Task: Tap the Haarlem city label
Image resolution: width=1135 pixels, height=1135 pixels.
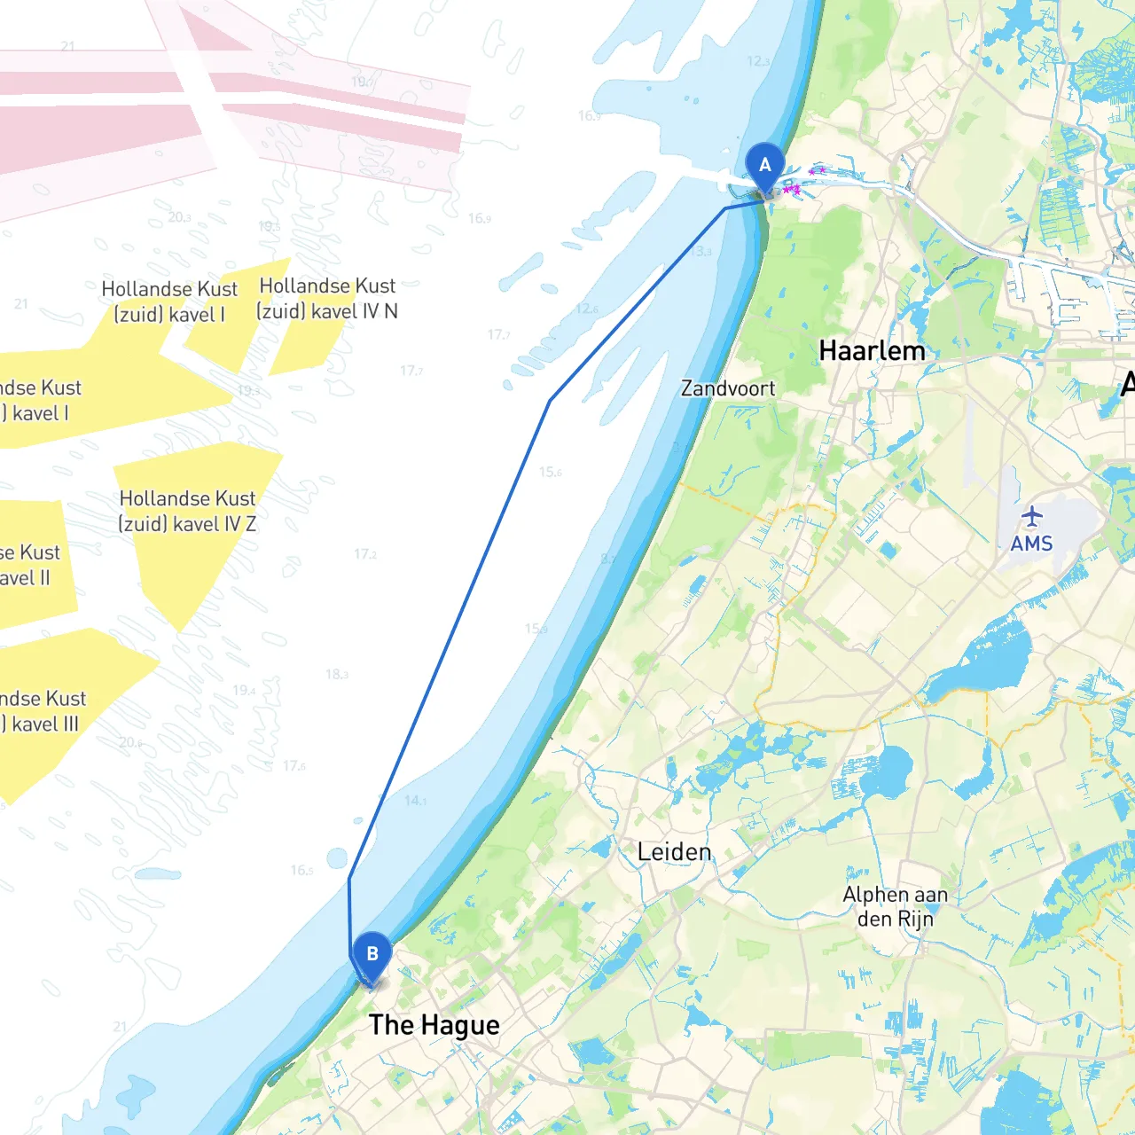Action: pyautogui.click(x=872, y=351)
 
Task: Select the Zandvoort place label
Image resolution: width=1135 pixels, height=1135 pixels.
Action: pyautogui.click(x=727, y=388)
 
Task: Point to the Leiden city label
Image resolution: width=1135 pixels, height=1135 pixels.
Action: pyautogui.click(x=674, y=852)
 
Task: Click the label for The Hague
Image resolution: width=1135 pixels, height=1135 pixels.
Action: pyautogui.click(x=434, y=1025)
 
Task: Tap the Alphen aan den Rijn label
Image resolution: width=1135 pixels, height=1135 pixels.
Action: pyautogui.click(x=895, y=906)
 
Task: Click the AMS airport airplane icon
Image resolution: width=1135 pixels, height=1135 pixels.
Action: pyautogui.click(x=1031, y=516)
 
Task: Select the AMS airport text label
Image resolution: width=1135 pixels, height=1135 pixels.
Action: pyautogui.click(x=1031, y=544)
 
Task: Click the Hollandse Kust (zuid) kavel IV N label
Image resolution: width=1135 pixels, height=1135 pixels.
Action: pyautogui.click(x=327, y=299)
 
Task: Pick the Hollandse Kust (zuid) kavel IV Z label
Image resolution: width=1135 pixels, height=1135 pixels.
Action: pyautogui.click(x=187, y=512)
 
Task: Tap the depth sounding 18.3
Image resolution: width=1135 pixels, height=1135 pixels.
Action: pyautogui.click(x=337, y=674)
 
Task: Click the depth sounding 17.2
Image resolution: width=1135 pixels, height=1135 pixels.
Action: pyautogui.click(x=364, y=554)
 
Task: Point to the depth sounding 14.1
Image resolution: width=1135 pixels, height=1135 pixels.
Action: pyautogui.click(x=415, y=801)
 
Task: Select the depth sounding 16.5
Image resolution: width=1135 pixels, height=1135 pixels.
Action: pyautogui.click(x=301, y=870)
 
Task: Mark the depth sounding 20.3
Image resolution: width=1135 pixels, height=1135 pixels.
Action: pyautogui.click(x=179, y=217)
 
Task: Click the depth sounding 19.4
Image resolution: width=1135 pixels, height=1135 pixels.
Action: pyautogui.click(x=244, y=690)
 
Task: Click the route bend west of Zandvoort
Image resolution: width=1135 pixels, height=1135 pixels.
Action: pyautogui.click(x=551, y=401)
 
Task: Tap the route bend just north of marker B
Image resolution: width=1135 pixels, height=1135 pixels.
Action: pyautogui.click(x=349, y=879)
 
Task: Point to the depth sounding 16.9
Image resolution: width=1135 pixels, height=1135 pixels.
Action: pyautogui.click(x=479, y=218)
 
